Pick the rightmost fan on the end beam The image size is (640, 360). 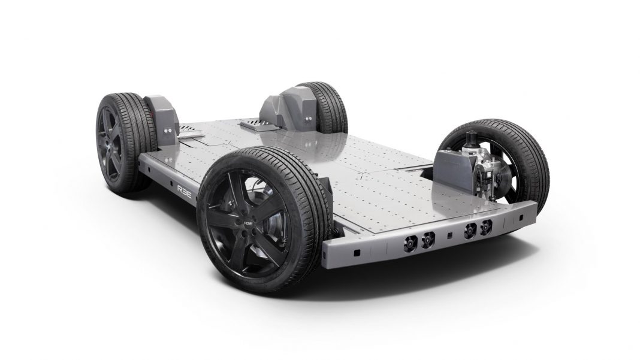487,226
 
